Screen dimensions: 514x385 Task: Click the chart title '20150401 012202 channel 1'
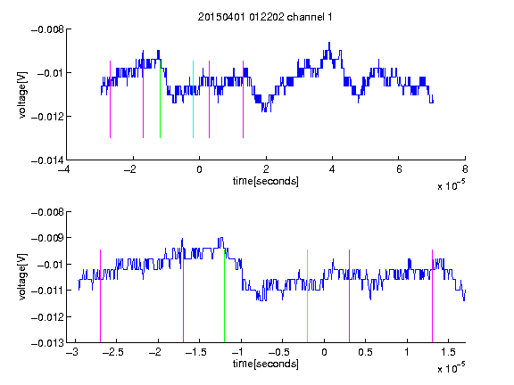pyautogui.click(x=265, y=17)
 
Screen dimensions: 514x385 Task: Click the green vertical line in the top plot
pyautogui.click(x=160, y=100)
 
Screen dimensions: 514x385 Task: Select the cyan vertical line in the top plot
pyautogui.click(x=193, y=100)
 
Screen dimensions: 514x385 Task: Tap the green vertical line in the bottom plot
pyautogui.click(x=225, y=296)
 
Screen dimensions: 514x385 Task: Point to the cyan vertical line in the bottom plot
pyautogui.click(x=308, y=296)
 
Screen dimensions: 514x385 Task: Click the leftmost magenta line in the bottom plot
pyautogui.click(x=100, y=296)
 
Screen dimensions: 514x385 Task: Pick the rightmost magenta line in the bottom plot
pyautogui.click(x=433, y=296)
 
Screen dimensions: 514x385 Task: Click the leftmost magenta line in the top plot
pyautogui.click(x=110, y=100)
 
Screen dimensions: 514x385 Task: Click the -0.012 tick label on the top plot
pyautogui.click(x=47, y=117)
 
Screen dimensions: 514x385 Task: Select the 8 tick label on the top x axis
pyautogui.click(x=465, y=169)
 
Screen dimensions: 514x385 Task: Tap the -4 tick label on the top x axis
pyautogui.click(x=63, y=169)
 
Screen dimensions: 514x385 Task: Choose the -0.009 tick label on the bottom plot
pyautogui.click(x=47, y=238)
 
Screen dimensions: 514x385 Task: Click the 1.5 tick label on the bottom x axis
pyautogui.click(x=448, y=352)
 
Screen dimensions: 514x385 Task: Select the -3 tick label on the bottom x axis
pyautogui.click(x=72, y=352)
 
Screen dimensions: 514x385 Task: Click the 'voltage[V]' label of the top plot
pyautogui.click(x=22, y=95)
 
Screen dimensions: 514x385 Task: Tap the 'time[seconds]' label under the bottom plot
pyautogui.click(x=266, y=364)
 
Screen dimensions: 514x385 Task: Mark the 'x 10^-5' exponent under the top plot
pyautogui.click(x=451, y=185)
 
